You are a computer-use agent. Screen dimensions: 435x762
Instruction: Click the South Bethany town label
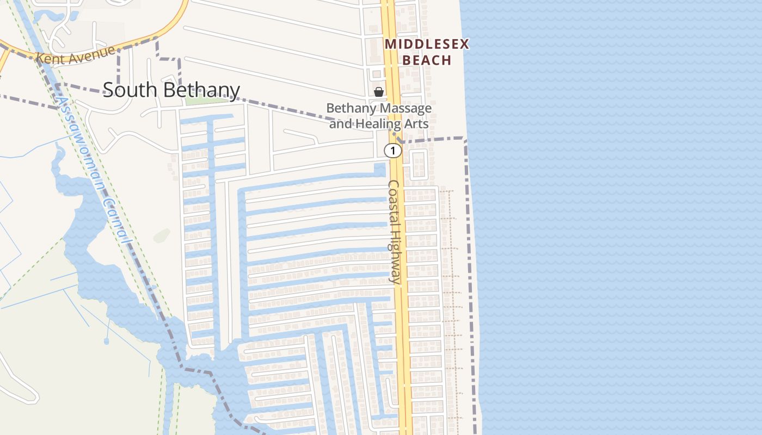pos(171,90)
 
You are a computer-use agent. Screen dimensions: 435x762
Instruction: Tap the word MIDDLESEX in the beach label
pos(427,45)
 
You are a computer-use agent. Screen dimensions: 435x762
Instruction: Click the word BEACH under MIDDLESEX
pos(427,60)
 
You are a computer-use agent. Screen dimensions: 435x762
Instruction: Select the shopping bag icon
pos(378,92)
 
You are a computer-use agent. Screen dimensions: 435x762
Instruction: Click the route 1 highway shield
pos(392,151)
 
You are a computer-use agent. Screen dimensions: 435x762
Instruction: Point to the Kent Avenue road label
pos(76,55)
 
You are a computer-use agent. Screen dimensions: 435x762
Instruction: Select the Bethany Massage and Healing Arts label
pos(379,116)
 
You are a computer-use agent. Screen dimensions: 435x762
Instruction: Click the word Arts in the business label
pos(416,124)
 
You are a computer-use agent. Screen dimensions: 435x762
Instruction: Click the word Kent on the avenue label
pos(48,58)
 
